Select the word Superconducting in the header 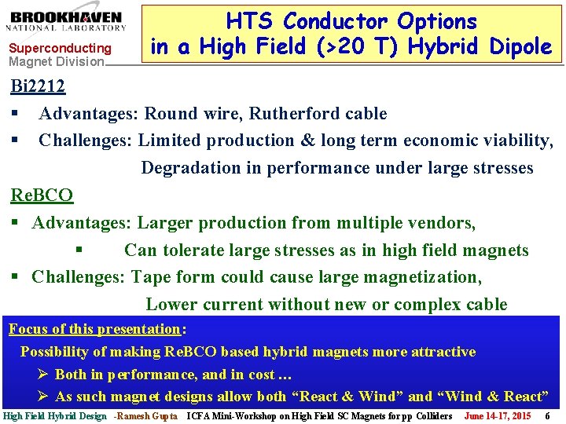[60, 49]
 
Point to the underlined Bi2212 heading [37, 86]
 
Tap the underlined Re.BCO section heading [42, 195]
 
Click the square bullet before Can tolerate [79, 250]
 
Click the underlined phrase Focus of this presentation [94, 329]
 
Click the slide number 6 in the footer [547, 416]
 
